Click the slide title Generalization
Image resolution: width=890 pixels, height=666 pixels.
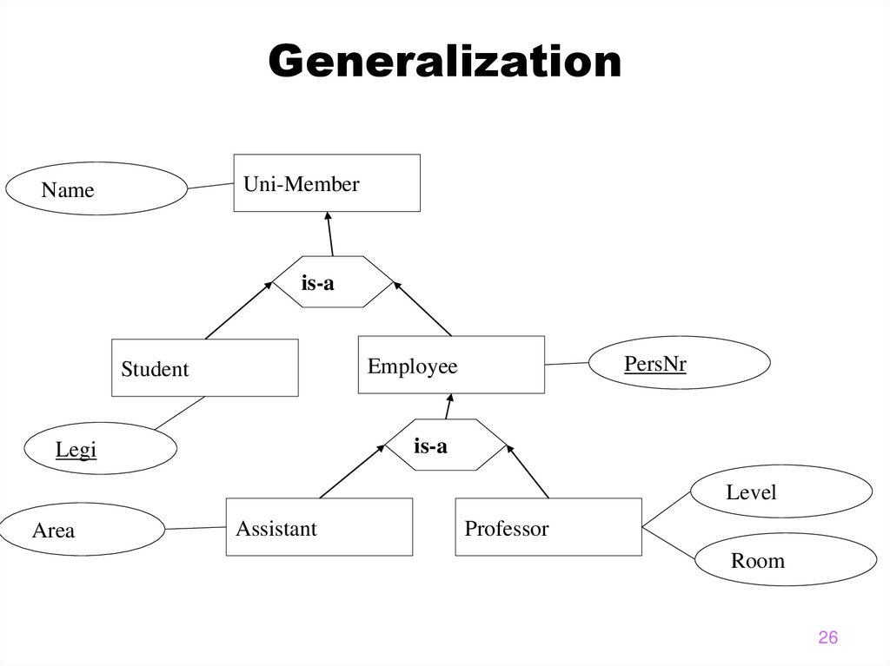(444, 63)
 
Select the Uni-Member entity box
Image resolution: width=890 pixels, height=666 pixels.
(326, 183)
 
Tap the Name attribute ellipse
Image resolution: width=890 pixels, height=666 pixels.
(96, 189)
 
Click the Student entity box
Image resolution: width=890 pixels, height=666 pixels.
(205, 368)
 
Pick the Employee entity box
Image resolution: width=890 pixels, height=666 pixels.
(451, 366)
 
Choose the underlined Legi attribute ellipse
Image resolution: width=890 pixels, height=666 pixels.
(100, 449)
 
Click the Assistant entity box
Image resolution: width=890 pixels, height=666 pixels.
(319, 527)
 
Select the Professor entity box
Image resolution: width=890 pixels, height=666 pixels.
(548, 527)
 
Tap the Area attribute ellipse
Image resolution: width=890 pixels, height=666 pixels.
(83, 530)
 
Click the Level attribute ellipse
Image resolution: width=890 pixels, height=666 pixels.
(780, 492)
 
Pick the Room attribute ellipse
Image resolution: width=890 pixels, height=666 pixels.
(785, 560)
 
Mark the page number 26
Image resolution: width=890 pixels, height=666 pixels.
(827, 638)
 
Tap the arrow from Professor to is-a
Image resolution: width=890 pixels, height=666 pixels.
(528, 473)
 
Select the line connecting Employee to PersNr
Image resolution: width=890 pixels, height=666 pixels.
(567, 364)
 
